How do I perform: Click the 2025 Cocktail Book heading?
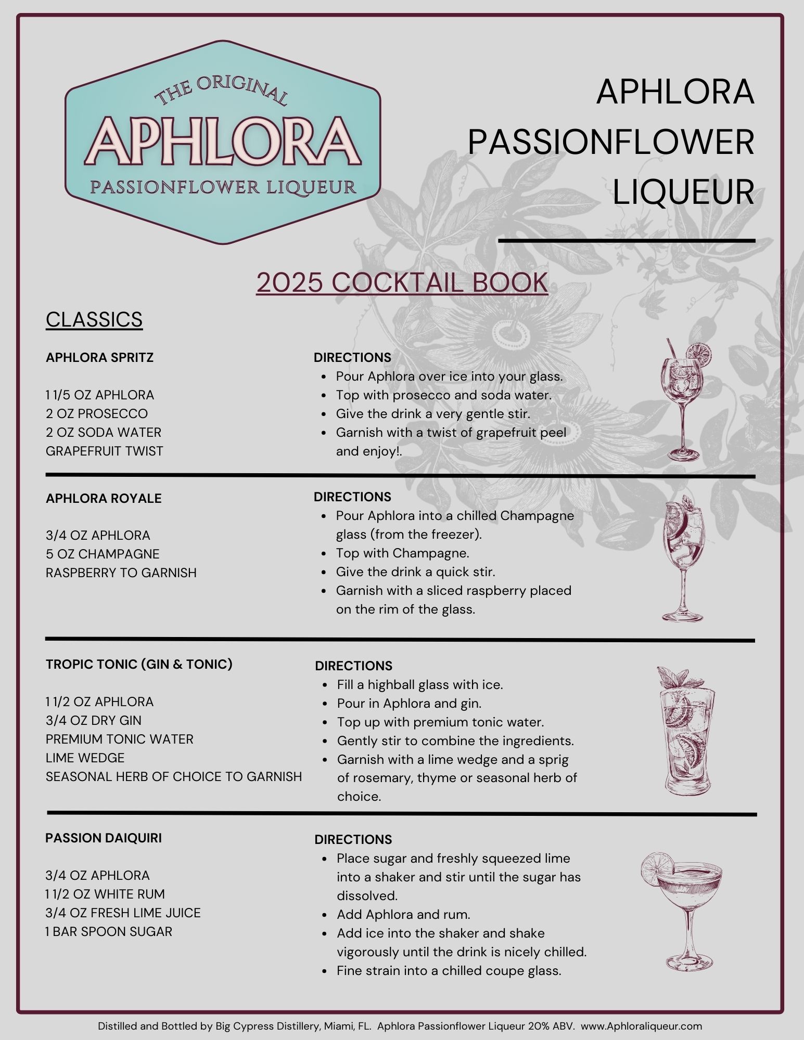tap(402, 282)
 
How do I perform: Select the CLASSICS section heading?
tap(94, 319)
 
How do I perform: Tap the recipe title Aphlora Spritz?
tap(99, 358)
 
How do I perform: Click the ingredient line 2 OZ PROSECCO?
tap(97, 414)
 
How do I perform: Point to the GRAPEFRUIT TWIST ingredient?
tap(104, 451)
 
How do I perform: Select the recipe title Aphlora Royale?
tap(104, 499)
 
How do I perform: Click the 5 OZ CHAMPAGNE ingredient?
tap(103, 554)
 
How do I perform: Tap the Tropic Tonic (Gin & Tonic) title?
tap(139, 665)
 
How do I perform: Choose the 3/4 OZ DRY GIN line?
tap(94, 721)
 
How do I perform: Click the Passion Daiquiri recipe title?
tap(104, 838)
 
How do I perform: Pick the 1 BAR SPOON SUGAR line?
tap(109, 932)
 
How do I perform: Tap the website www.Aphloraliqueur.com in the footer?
tap(641, 1026)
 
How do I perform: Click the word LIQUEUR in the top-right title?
tap(683, 192)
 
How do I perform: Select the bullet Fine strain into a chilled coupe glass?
tap(449, 971)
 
